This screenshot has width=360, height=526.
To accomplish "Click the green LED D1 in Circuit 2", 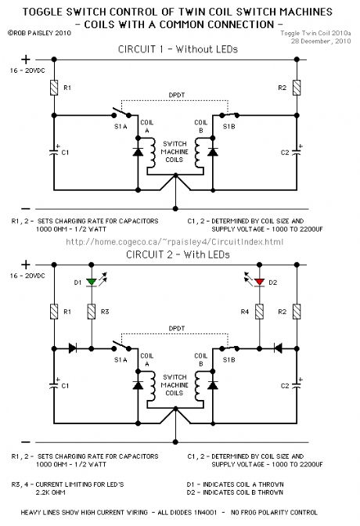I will [91, 281].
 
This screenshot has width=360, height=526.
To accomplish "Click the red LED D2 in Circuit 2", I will [259, 281].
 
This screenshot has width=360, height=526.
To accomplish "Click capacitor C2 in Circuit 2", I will [297, 385].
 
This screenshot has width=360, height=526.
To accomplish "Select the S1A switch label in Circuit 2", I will [119, 359].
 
